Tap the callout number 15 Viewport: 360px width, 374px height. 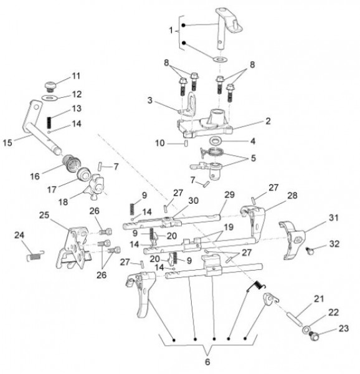pyautogui.click(x=7, y=142)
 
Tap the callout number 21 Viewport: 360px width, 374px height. pyautogui.click(x=319, y=300)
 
